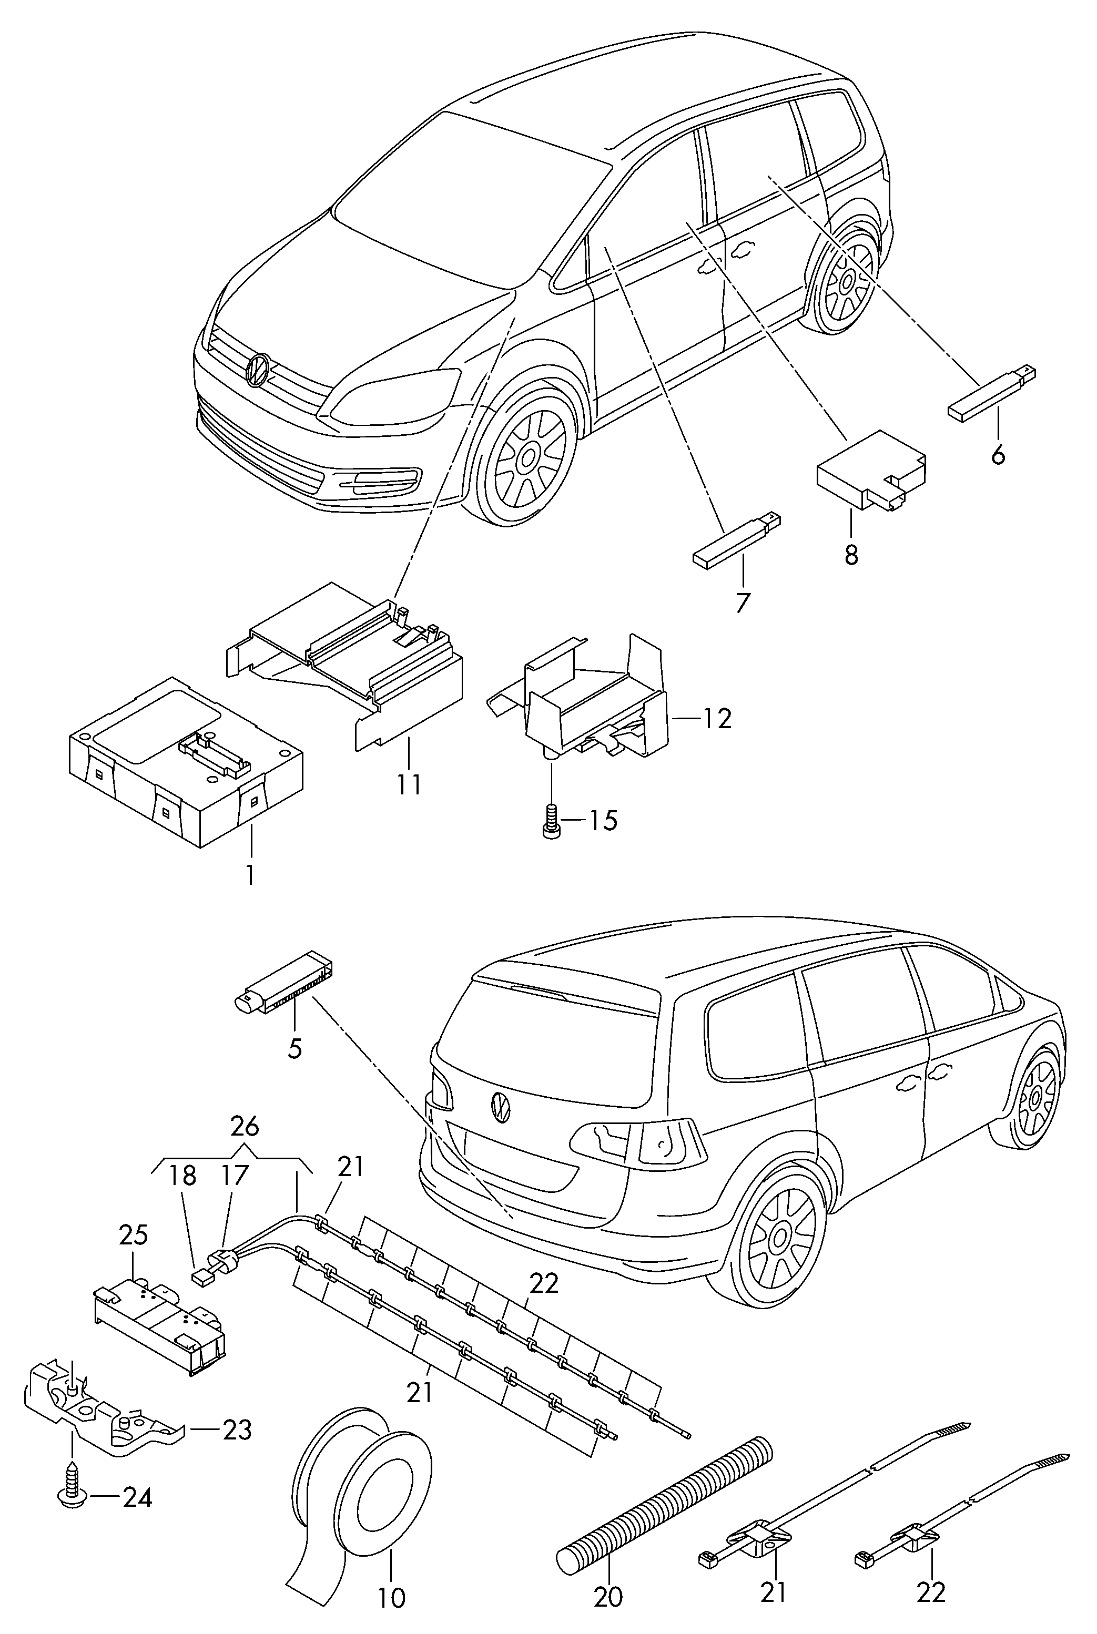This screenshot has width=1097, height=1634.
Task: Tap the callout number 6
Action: (998, 455)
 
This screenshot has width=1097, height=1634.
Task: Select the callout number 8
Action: (851, 555)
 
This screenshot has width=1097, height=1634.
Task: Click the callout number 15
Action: (603, 820)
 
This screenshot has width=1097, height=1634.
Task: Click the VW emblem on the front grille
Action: (258, 369)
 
